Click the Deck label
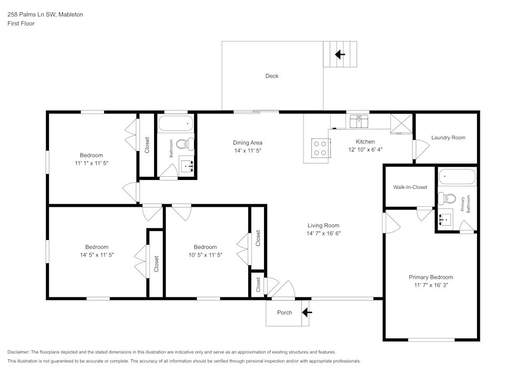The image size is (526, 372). (271, 76)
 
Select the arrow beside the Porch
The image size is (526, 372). (307, 313)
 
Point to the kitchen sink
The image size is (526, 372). (360, 122)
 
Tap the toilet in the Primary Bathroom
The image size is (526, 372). (448, 198)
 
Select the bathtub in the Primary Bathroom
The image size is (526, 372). (457, 177)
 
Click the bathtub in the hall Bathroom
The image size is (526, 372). (176, 125)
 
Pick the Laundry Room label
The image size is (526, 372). (448, 137)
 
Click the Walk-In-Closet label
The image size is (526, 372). (410, 187)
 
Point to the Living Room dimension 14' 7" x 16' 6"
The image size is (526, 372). (323, 233)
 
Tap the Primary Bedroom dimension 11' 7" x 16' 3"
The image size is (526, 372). (431, 285)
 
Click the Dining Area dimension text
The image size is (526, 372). (247, 150)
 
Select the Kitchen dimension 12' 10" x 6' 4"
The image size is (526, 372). (365, 149)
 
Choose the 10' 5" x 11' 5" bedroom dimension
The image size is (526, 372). (205, 255)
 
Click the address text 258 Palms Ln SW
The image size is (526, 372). (45, 15)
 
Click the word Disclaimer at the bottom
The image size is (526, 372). (19, 351)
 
